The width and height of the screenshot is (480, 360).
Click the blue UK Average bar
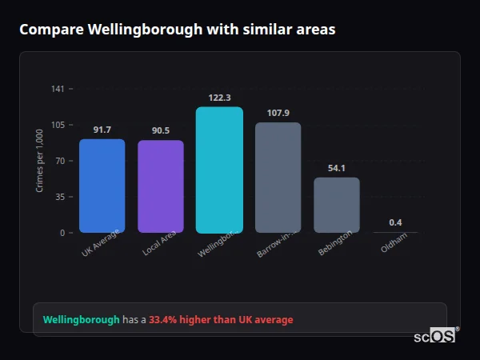pyautogui.click(x=102, y=186)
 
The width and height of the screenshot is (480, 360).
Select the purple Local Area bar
pyautogui.click(x=161, y=186)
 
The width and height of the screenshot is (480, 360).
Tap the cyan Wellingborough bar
pyautogui.click(x=219, y=170)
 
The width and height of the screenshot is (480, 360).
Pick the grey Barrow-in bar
pyautogui.click(x=278, y=178)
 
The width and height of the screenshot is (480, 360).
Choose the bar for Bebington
pyautogui.click(x=337, y=205)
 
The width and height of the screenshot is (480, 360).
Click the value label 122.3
pyautogui.click(x=219, y=97)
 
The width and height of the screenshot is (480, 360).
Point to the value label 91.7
pyautogui.click(x=102, y=130)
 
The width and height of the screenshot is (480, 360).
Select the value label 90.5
pyautogui.click(x=161, y=130)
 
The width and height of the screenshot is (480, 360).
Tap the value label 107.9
pyautogui.click(x=278, y=113)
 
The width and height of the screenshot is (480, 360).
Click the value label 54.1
pyautogui.click(x=337, y=168)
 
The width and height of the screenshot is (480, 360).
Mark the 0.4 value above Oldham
pyautogui.click(x=395, y=222)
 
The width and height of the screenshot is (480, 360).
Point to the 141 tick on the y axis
pyautogui.click(x=58, y=89)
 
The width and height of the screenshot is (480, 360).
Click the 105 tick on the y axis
pyautogui.click(x=58, y=125)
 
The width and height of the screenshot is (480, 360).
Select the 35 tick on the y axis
pyautogui.click(x=60, y=197)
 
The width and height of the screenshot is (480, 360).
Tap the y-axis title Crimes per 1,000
pyautogui.click(x=40, y=161)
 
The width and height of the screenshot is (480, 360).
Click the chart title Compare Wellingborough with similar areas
pyautogui.click(x=177, y=30)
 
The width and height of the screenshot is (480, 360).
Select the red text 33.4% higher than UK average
pyautogui.click(x=221, y=320)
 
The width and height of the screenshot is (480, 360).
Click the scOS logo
pyautogui.click(x=434, y=336)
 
